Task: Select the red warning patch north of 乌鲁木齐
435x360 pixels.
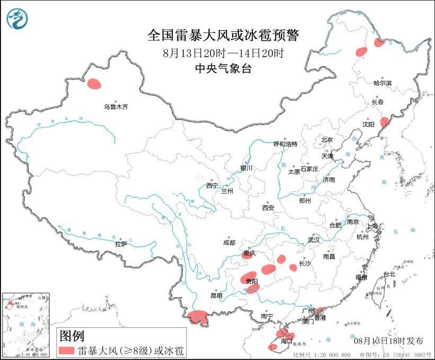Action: click(94, 83)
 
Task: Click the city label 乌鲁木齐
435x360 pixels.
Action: click(116, 107)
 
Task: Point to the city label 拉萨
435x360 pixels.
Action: click(121, 244)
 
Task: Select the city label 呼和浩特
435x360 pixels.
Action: click(285, 144)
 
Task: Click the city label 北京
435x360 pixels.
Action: click(326, 140)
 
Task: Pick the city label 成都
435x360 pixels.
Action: click(229, 242)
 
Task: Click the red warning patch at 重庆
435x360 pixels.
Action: click(247, 254)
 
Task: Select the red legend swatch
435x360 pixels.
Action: click(66, 350)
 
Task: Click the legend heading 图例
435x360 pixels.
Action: click(72, 336)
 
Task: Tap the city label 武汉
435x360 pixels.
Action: click(314, 240)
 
